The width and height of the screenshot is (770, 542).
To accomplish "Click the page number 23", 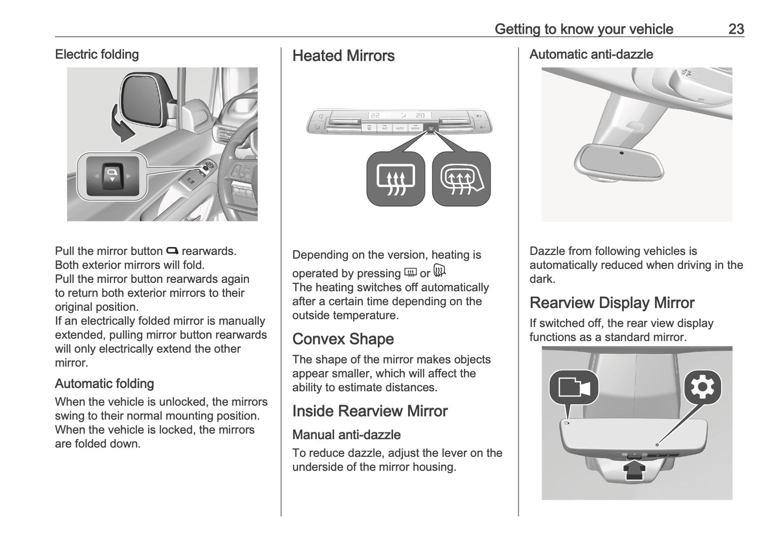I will pos(735,29).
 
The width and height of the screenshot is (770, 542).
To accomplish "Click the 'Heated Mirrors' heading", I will pos(343,56).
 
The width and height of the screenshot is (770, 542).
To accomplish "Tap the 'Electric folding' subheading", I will pos(96,54).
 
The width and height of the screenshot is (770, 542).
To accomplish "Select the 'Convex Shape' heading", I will pos(343,339).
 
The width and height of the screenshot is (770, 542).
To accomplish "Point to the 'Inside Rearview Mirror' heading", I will pos(369,411).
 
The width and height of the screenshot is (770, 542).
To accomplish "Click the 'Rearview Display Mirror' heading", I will pos(612,303).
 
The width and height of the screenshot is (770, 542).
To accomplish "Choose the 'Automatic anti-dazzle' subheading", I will pos(590,54).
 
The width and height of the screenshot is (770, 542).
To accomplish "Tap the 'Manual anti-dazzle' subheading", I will pos(346,435).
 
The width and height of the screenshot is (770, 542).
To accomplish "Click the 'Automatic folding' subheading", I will pos(104,384).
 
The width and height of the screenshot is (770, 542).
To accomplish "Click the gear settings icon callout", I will pos(702,387).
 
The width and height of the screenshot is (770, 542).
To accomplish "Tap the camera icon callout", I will pos(573,387).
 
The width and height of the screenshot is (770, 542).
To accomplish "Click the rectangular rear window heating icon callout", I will pos(395,179).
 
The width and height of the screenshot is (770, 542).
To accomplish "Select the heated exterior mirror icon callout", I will pos(461,179).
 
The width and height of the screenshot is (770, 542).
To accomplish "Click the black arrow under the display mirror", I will pos(635,470).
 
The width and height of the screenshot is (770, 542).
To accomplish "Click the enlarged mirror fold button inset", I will pos(112,176).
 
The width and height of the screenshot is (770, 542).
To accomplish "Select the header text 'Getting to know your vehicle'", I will pos(583,29).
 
